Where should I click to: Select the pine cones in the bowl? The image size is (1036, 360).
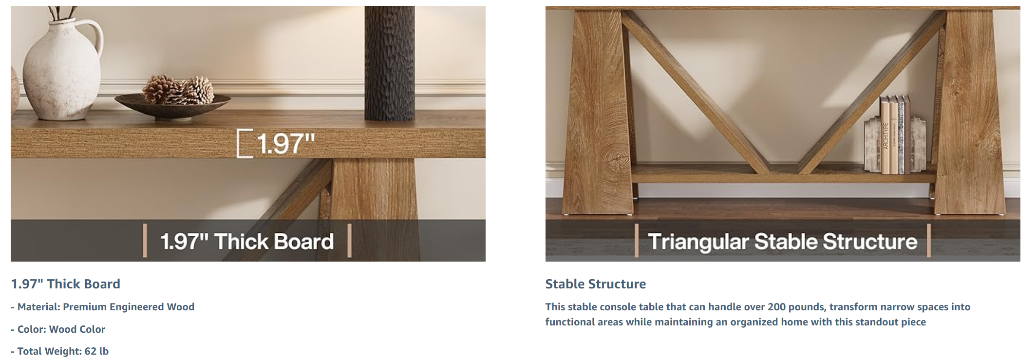click(x=178, y=90)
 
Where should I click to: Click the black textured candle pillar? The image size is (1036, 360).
click(x=390, y=63)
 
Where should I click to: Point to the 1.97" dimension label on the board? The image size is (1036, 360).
click(x=286, y=143)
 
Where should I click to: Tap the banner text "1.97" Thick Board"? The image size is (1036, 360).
click(x=247, y=241)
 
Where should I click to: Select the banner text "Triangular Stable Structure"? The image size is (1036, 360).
click(x=782, y=241)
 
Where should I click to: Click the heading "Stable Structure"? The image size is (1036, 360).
click(x=596, y=284)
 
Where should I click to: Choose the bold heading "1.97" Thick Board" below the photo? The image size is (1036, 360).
click(x=66, y=284)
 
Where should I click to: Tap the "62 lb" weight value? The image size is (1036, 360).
click(x=96, y=351)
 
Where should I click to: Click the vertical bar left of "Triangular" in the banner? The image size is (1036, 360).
click(x=637, y=240)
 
